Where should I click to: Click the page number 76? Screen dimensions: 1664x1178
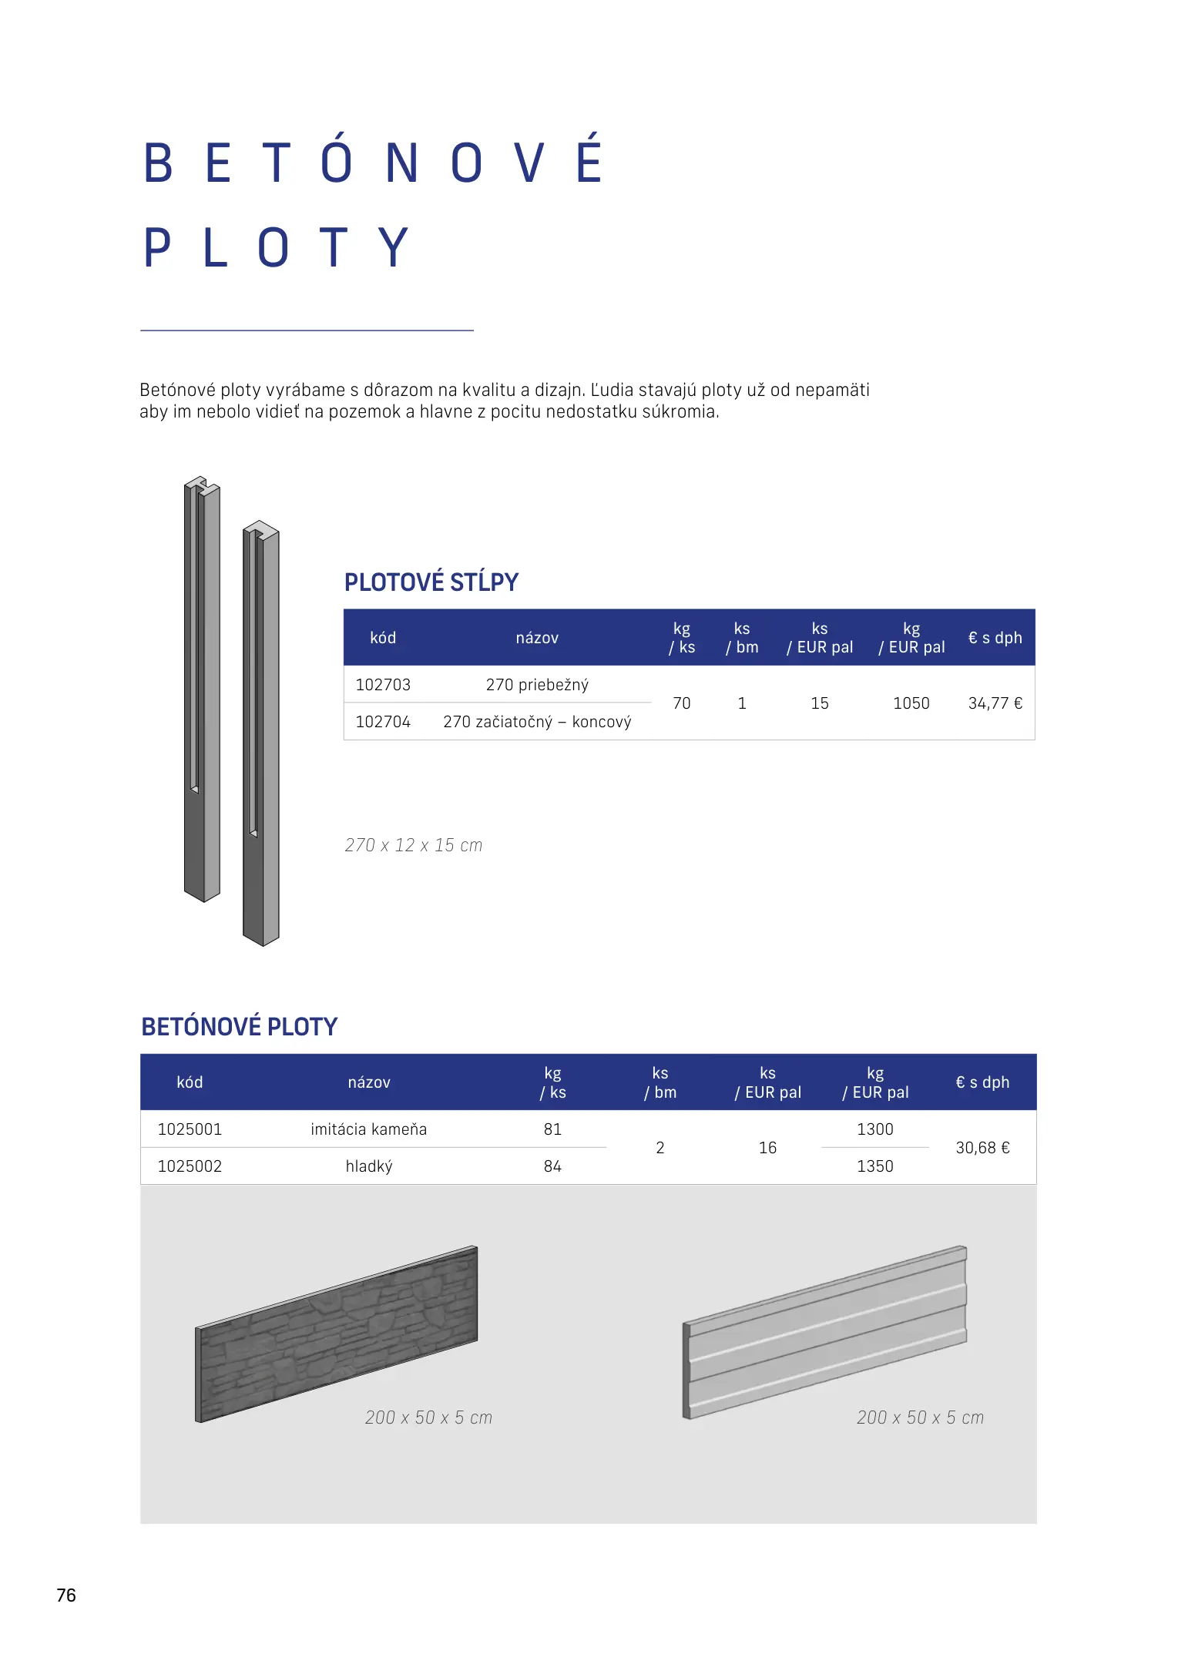(x=66, y=1595)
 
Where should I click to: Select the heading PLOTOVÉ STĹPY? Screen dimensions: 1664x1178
(x=431, y=582)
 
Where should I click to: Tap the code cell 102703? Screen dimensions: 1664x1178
(x=383, y=685)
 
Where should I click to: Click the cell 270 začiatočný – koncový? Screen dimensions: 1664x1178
(x=537, y=722)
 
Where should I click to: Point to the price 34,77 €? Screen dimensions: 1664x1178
(x=995, y=703)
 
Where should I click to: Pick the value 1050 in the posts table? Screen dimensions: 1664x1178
(x=911, y=703)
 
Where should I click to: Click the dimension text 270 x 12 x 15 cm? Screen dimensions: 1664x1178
(x=413, y=845)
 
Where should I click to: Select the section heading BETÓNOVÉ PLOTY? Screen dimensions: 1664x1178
(x=239, y=1027)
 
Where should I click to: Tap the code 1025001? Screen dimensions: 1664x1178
(x=190, y=1129)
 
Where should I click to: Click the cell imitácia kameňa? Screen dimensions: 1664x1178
(x=368, y=1129)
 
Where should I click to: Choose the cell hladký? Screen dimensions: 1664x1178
(x=369, y=1166)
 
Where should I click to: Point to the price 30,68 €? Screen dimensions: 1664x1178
(x=982, y=1148)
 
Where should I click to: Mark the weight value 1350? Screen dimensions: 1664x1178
(x=874, y=1166)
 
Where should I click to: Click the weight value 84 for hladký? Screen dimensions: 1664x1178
(x=552, y=1166)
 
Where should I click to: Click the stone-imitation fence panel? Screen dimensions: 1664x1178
(x=337, y=1333)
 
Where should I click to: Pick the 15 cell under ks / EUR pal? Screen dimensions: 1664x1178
(x=819, y=703)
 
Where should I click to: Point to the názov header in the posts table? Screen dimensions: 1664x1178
(x=537, y=638)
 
